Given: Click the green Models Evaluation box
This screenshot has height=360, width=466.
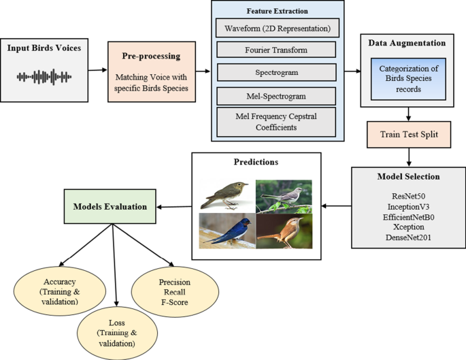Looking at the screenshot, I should [x=110, y=206].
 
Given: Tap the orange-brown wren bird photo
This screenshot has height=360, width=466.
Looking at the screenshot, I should [x=284, y=232].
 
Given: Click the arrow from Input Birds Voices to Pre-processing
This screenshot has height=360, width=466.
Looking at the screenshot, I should [x=95, y=69].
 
